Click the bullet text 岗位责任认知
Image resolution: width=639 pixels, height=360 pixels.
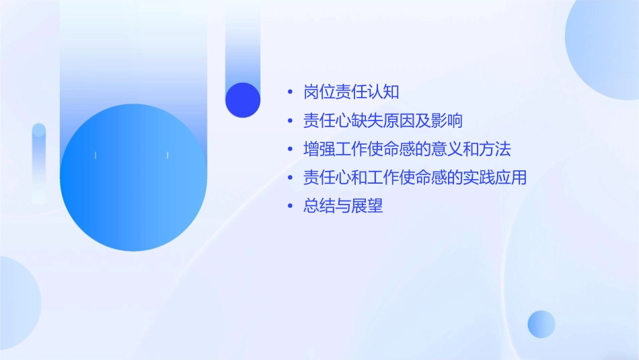(351, 92)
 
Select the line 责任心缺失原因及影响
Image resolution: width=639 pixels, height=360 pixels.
(383, 121)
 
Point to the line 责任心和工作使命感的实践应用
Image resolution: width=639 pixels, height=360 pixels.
(414, 178)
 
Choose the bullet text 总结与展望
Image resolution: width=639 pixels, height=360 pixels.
(343, 207)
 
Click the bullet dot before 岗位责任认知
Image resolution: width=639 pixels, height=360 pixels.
(290, 93)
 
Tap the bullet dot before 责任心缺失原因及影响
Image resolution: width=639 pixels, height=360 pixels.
(290, 121)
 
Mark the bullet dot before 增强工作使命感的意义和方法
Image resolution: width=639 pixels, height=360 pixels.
(290, 149)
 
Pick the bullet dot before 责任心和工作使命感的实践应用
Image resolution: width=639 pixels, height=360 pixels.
(290, 178)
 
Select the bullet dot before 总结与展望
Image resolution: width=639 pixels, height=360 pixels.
(290, 207)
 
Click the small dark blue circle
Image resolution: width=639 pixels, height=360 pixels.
(243, 100)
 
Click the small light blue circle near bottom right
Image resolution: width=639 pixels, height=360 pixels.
(541, 324)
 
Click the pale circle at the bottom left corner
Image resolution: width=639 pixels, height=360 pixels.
(15, 303)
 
